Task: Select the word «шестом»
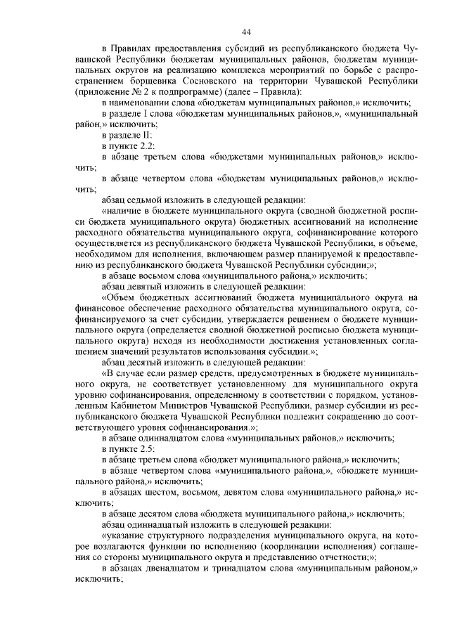click(156, 490)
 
